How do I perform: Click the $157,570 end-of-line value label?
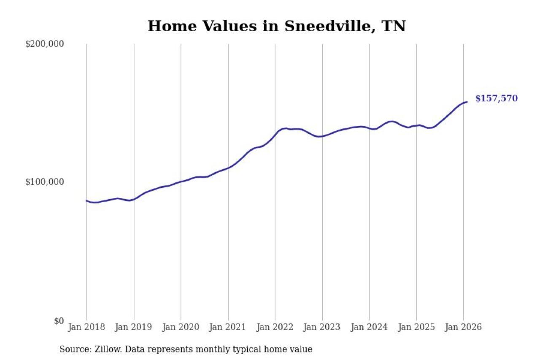click(x=496, y=99)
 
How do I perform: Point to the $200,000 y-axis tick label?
click(x=44, y=44)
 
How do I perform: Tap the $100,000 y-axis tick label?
click(x=44, y=182)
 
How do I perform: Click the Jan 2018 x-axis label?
click(x=87, y=327)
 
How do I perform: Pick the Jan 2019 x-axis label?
click(x=134, y=327)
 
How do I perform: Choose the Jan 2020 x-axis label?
click(x=181, y=327)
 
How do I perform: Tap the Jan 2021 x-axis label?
click(x=228, y=327)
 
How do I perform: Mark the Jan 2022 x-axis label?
click(x=275, y=327)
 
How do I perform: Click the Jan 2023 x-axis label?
click(x=322, y=327)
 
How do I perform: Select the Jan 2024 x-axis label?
click(x=369, y=327)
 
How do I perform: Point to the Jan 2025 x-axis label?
click(x=416, y=327)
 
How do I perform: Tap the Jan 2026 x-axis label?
click(x=463, y=327)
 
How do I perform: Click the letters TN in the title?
click(x=393, y=26)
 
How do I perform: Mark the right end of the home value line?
click(x=467, y=102)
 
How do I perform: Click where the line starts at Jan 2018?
click(x=87, y=201)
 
